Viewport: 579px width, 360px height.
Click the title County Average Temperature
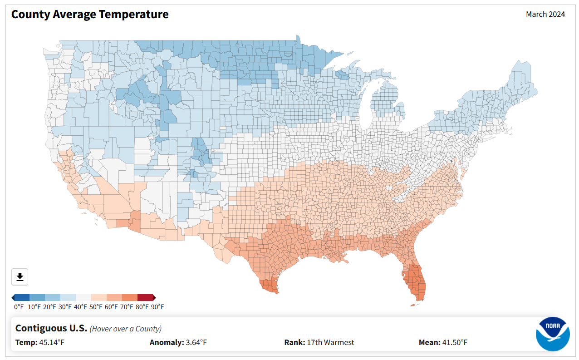click(90, 15)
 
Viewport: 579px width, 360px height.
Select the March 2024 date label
click(545, 14)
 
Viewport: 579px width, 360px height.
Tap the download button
click(20, 276)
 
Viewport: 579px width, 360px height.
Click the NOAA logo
click(552, 334)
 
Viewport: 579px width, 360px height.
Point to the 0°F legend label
click(19, 307)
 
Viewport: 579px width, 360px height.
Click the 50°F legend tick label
click(96, 307)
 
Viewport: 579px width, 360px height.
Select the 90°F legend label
click(158, 307)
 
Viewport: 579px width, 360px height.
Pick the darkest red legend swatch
click(145, 297)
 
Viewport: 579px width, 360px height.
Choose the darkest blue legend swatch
click(22, 297)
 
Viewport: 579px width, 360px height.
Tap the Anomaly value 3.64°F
click(196, 342)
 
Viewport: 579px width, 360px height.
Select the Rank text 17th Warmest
click(330, 342)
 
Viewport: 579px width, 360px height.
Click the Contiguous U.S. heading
click(51, 328)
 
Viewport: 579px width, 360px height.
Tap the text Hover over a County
click(126, 329)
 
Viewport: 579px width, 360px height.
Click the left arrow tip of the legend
click(13, 297)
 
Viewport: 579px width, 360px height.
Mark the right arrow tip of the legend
click(155, 297)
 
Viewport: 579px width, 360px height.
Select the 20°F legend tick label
click(50, 307)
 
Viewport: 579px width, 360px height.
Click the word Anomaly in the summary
click(166, 342)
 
